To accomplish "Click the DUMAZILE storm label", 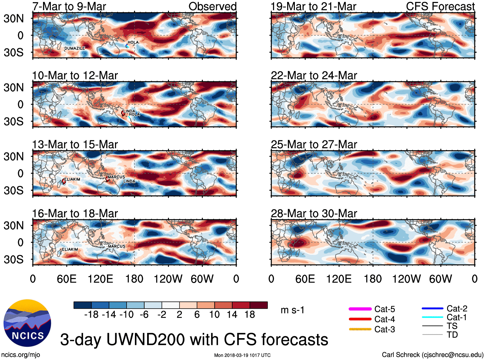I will pyautogui.click(x=75, y=48).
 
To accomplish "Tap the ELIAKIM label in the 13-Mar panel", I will pyautogui.click(x=72, y=179).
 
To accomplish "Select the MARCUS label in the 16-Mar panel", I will pyautogui.click(x=117, y=246).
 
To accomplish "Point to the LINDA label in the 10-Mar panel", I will pyautogui.click(x=129, y=111).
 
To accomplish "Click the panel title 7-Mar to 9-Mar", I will pyautogui.click(x=69, y=6).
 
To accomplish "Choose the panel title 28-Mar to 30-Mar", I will pyautogui.click(x=314, y=214).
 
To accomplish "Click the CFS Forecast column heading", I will pyautogui.click(x=440, y=6).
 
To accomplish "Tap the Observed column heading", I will pyautogui.click(x=212, y=6).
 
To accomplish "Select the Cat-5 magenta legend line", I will pyautogui.click(x=360, y=309).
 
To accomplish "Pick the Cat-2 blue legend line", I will pyautogui.click(x=432, y=309).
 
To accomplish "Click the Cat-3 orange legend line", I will pyautogui.click(x=360, y=329).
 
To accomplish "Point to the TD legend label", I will pyautogui.click(x=452, y=335).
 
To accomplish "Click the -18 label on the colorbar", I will pyautogui.click(x=91, y=314).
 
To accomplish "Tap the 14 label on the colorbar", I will pyautogui.click(x=232, y=314).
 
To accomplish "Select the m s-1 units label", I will pyautogui.click(x=292, y=310).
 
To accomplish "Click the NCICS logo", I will pyautogui.click(x=27, y=323).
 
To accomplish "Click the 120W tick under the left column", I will pyautogui.click(x=168, y=279).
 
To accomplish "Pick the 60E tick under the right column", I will pyautogui.click(x=305, y=279).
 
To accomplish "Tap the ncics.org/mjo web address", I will pyautogui.click(x=21, y=355).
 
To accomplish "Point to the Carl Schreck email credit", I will pyautogui.click(x=432, y=355).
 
